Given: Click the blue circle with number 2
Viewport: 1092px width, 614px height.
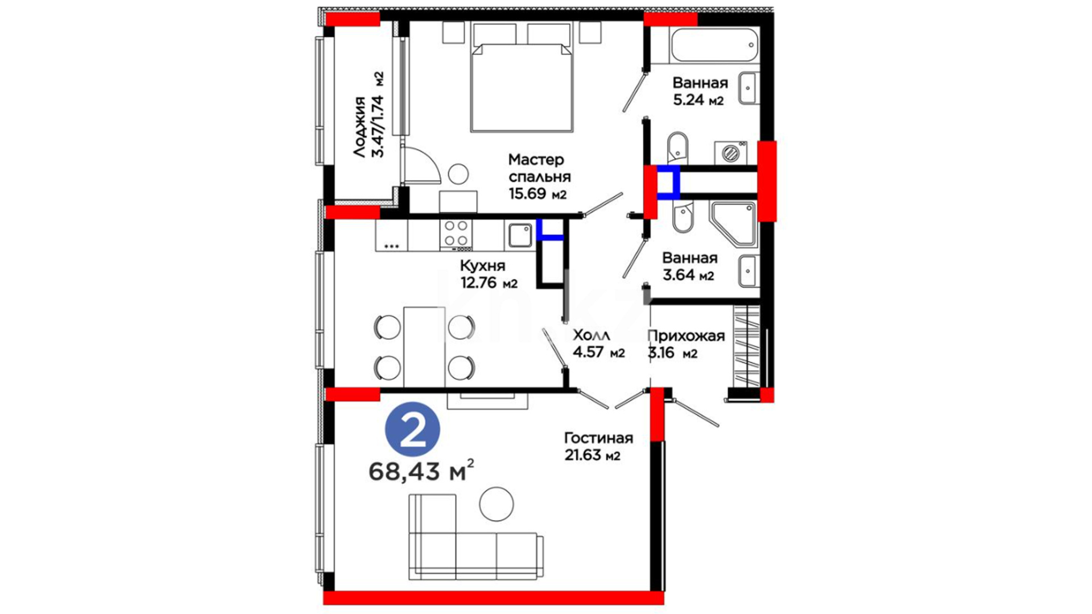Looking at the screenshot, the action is (x=412, y=430).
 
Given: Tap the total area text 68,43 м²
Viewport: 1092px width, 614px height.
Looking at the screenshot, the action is (x=421, y=471).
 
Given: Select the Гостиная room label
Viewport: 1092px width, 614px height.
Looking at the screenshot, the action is (x=598, y=438).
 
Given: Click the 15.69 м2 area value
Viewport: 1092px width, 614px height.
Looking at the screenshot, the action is (x=537, y=193).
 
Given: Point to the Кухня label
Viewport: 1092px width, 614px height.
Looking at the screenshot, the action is (x=482, y=265).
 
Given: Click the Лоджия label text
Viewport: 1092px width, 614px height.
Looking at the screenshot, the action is (x=359, y=127).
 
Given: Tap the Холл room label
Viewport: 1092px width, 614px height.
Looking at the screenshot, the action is (x=591, y=335).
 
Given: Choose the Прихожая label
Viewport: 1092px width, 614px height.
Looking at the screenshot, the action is (x=686, y=336).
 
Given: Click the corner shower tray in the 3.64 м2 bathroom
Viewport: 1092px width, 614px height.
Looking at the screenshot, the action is (x=733, y=224).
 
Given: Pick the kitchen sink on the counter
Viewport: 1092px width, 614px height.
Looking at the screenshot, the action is (x=519, y=235).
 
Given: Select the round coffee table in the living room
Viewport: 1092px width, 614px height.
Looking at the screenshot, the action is (x=496, y=504).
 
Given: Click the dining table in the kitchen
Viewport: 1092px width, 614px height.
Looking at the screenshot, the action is (x=424, y=347).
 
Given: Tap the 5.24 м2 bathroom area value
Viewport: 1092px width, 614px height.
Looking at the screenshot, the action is (x=698, y=101).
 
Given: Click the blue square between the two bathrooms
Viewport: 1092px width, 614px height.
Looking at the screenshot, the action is (x=668, y=182).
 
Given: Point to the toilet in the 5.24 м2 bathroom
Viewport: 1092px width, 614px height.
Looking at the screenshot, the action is (x=677, y=147).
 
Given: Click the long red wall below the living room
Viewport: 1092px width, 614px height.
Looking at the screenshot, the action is (x=494, y=598).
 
